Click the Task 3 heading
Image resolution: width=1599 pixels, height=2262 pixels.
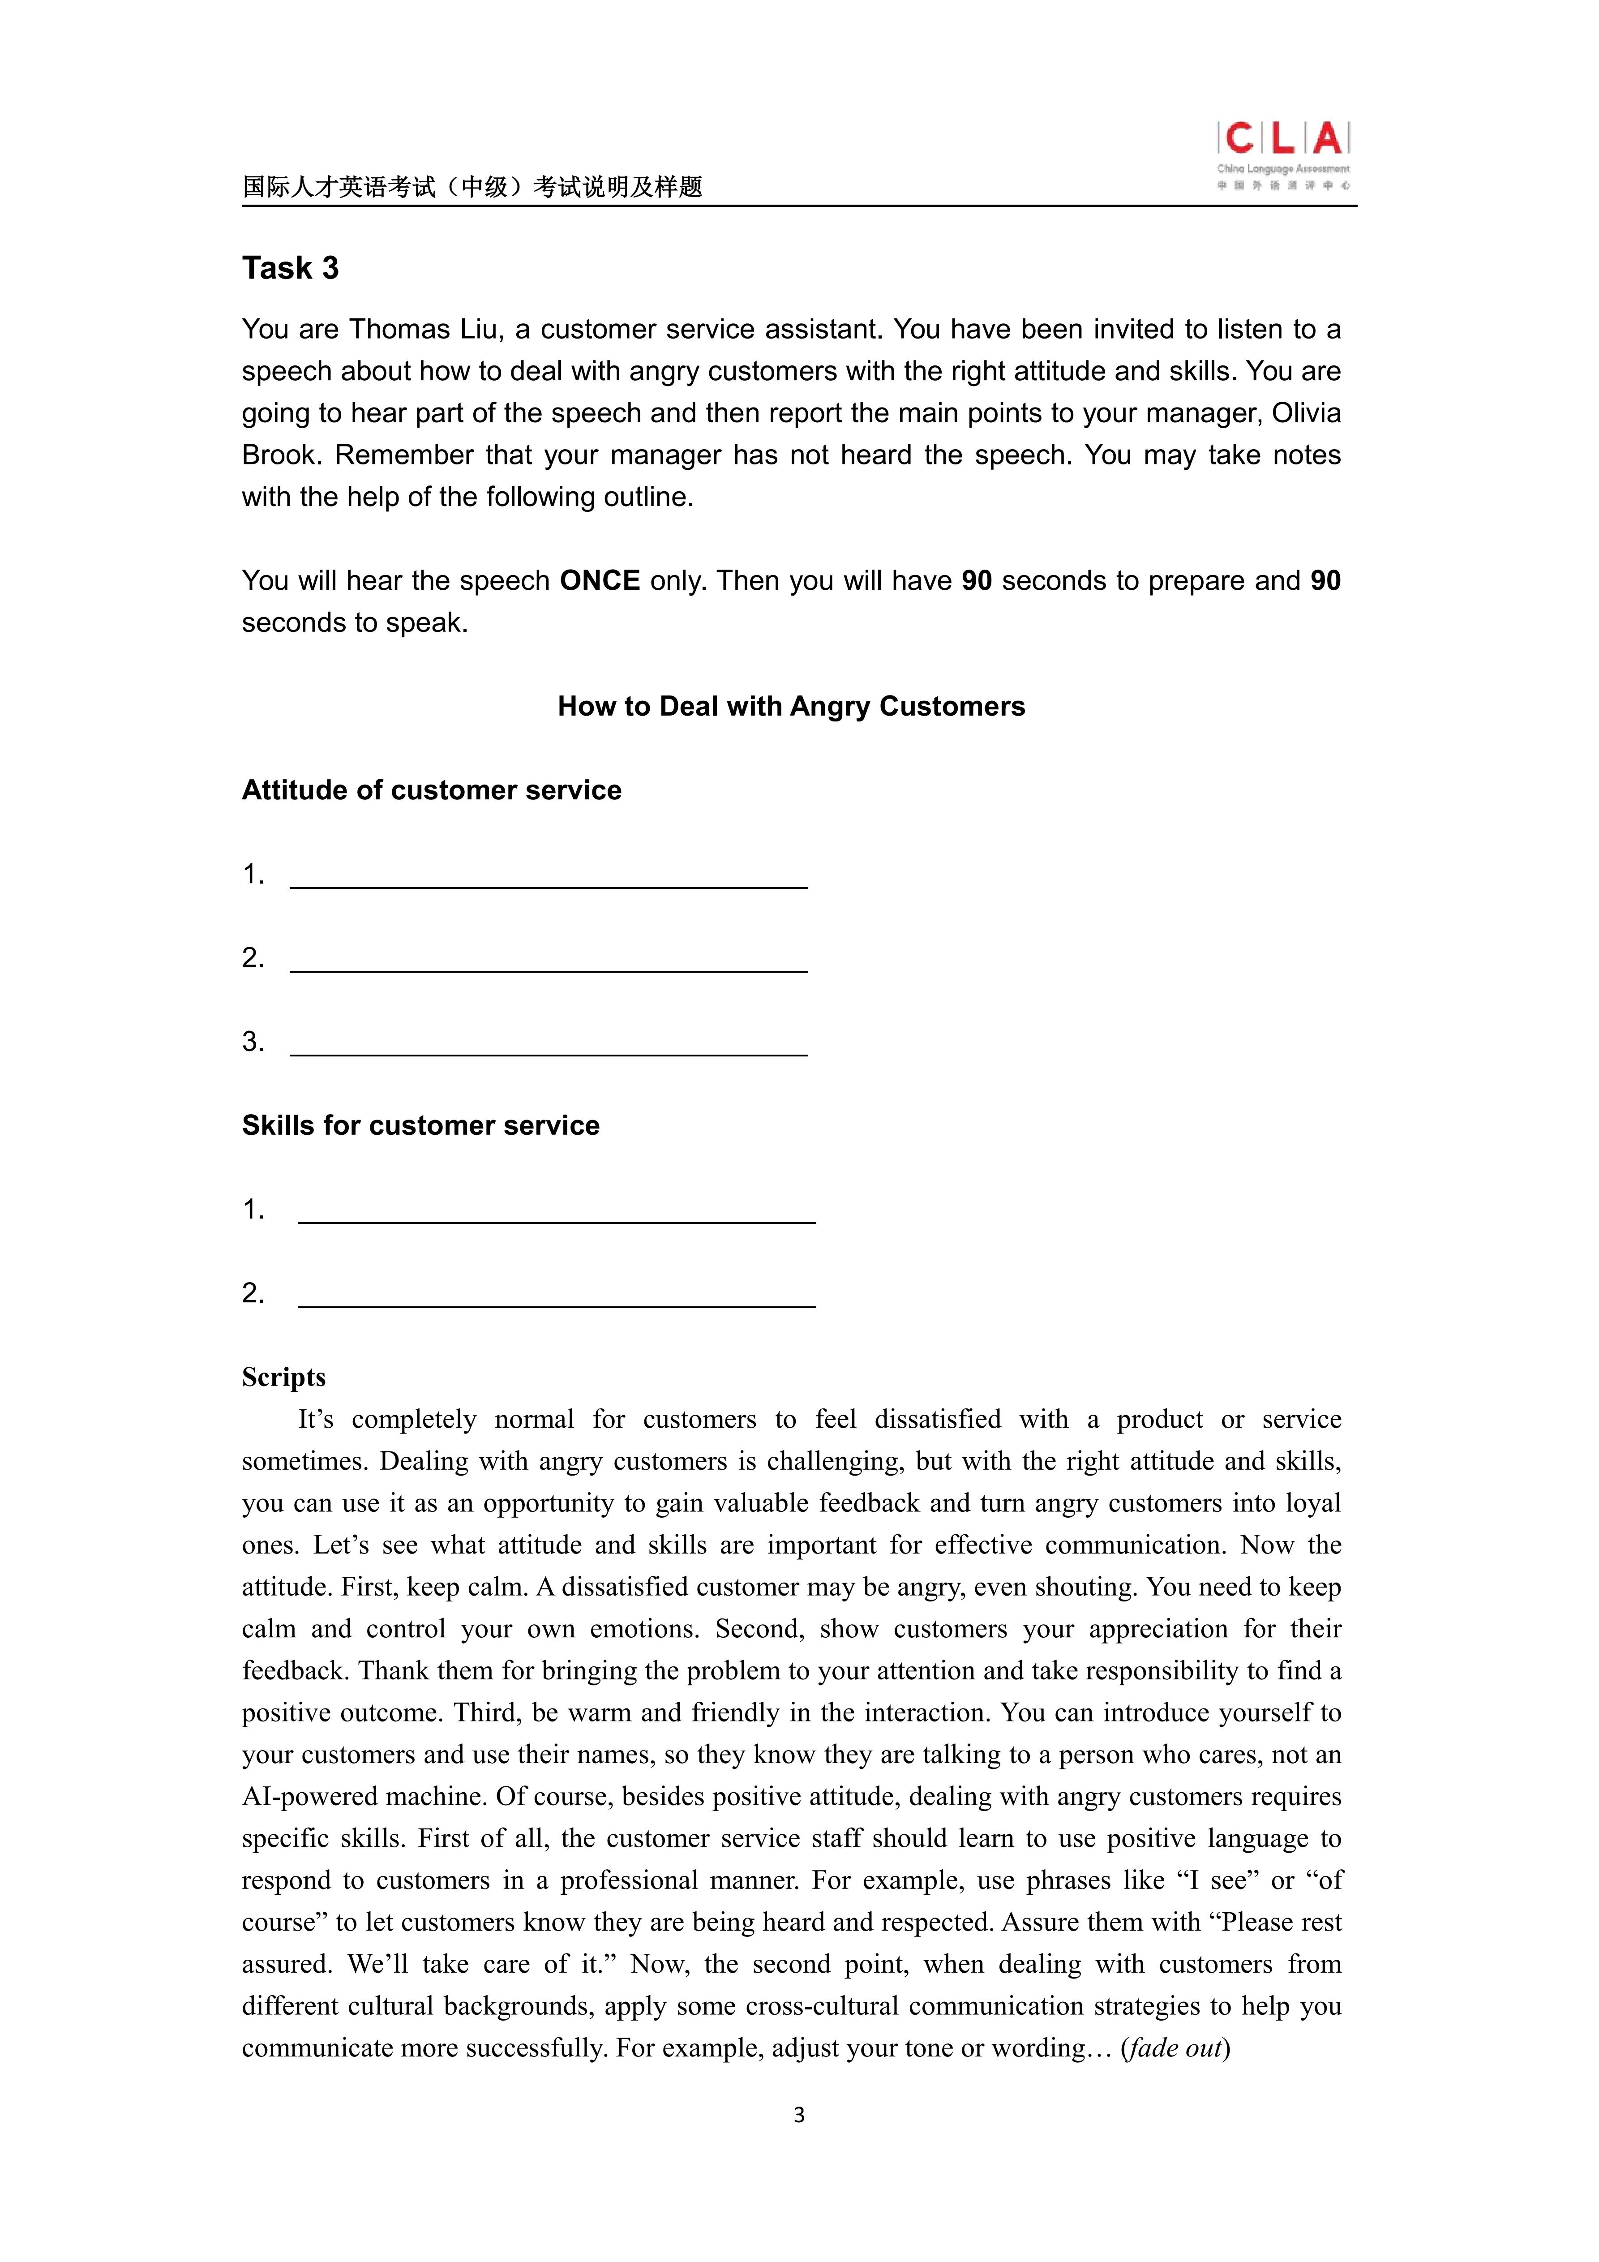tap(291, 268)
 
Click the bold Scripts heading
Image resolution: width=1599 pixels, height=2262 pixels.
tap(284, 1377)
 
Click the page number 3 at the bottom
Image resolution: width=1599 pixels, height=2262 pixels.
tap(799, 2115)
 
